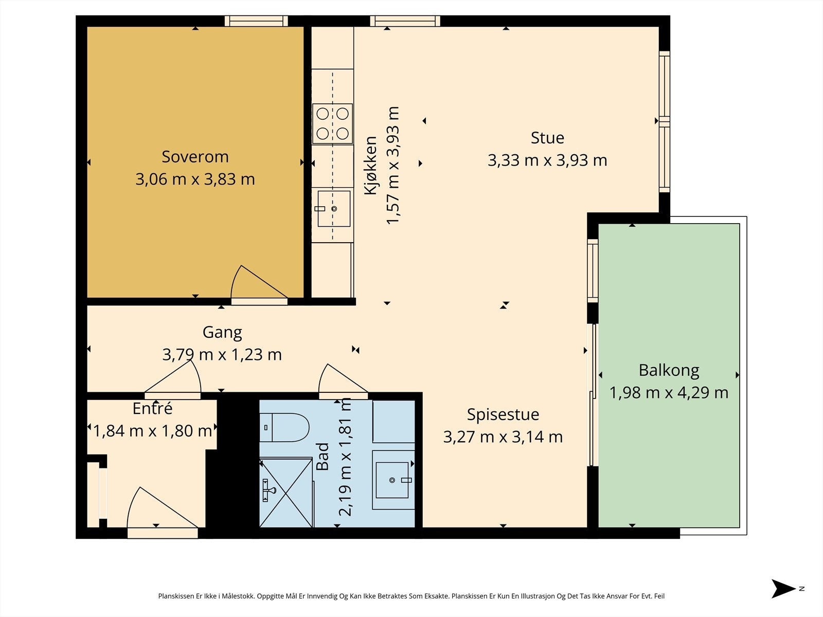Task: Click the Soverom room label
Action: click(195, 157)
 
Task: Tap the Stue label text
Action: click(547, 138)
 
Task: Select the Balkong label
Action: click(669, 371)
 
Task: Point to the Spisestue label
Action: click(503, 415)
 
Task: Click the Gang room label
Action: click(222, 333)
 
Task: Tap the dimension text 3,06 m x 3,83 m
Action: click(195, 179)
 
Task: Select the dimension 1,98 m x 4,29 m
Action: click(669, 393)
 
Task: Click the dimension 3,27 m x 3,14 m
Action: click(503, 437)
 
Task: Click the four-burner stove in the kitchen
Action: click(332, 123)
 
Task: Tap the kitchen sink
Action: click(334, 209)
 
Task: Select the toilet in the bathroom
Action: click(284, 427)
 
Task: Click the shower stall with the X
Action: click(285, 492)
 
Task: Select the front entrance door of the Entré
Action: click(163, 513)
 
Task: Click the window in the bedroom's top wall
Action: click(257, 21)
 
